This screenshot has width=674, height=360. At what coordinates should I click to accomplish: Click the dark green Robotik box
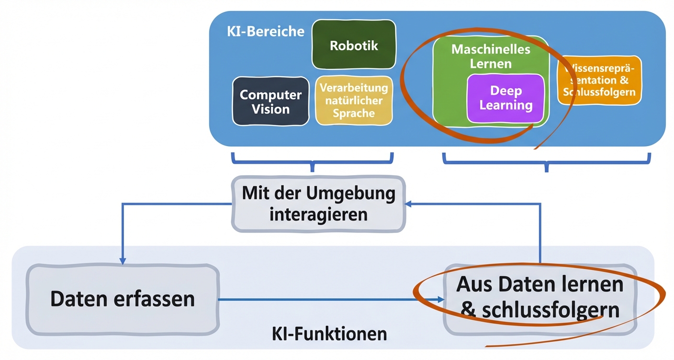pyautogui.click(x=354, y=45)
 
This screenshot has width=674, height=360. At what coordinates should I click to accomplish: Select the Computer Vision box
pyautogui.click(x=270, y=101)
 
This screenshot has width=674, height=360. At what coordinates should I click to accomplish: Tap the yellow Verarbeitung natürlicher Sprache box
pyautogui.click(x=354, y=101)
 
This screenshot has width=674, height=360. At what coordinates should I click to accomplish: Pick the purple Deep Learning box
pyautogui.click(x=506, y=98)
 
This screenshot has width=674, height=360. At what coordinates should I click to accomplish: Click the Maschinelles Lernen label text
pyautogui.click(x=491, y=56)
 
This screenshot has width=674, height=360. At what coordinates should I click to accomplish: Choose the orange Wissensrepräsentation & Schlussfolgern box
pyautogui.click(x=600, y=80)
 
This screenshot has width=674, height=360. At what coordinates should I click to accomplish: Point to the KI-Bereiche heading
pyautogui.click(x=265, y=31)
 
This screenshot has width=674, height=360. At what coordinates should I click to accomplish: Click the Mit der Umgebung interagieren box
pyautogui.click(x=318, y=204)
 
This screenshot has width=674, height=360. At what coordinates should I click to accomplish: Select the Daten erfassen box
pyautogui.click(x=123, y=299)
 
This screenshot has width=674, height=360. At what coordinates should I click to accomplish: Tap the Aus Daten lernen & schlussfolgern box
pyautogui.click(x=540, y=298)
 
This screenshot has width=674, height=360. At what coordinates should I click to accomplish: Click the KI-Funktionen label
pyautogui.click(x=329, y=333)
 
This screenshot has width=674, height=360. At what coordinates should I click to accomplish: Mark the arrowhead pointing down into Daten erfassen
pyautogui.click(x=123, y=261)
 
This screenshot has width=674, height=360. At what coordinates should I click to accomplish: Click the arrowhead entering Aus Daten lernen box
pyautogui.click(x=440, y=300)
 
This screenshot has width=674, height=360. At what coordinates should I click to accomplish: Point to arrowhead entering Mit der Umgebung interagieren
pyautogui.click(x=408, y=204)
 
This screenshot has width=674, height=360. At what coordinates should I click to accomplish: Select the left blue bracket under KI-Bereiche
pyautogui.click(x=312, y=160)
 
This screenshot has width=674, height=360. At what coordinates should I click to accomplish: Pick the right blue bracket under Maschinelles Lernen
pyautogui.click(x=546, y=161)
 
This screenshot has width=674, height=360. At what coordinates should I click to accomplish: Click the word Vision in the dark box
pyautogui.click(x=270, y=109)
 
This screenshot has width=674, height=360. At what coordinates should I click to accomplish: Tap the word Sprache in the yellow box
pyautogui.click(x=354, y=113)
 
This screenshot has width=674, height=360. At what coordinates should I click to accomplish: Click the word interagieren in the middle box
pyautogui.click(x=318, y=214)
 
